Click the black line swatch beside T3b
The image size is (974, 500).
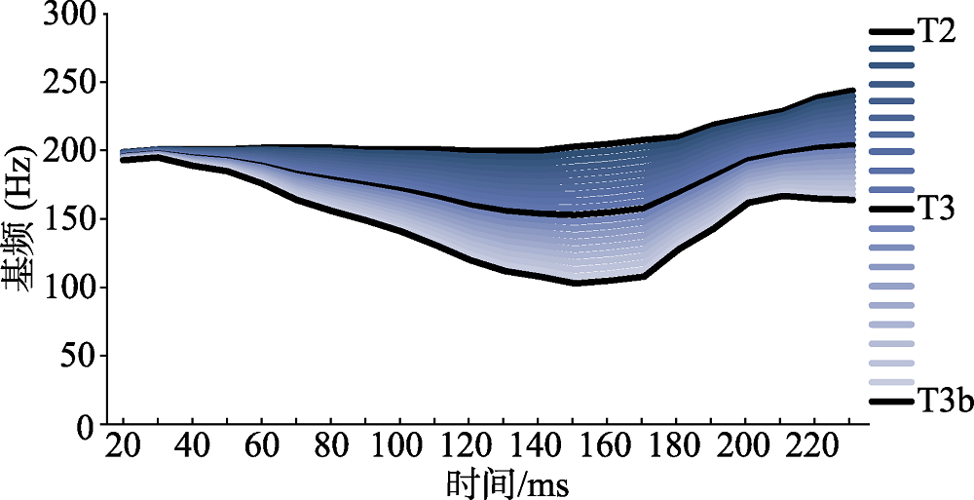(892, 401)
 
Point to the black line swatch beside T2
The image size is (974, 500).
(892, 31)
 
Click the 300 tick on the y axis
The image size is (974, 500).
(69, 15)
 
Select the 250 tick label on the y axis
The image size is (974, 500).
(69, 83)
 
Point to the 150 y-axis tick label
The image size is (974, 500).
(69, 219)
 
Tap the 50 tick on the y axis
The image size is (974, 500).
(78, 357)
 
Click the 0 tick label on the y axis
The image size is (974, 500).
(87, 425)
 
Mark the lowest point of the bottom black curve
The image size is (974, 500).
(577, 283)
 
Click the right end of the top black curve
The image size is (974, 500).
(853, 91)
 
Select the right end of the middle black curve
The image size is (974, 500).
(853, 144)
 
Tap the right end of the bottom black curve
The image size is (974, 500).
(853, 200)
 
